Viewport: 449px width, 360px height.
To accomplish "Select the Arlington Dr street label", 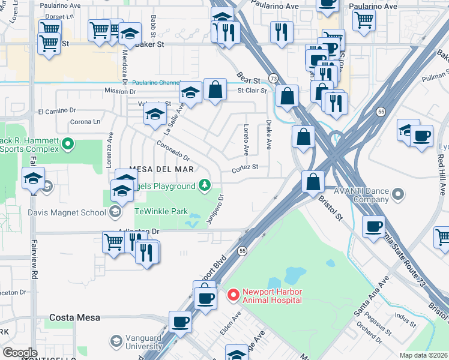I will (x=142, y=231).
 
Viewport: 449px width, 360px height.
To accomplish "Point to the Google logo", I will (x=20, y=353).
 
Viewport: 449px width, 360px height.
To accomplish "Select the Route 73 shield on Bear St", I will (x=273, y=79).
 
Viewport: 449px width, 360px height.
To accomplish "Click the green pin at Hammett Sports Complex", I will (x=68, y=144).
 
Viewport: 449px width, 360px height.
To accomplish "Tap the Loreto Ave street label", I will (x=246, y=139).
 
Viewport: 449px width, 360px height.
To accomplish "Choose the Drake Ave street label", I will (x=268, y=138).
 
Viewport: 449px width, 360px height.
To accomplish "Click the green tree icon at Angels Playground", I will (x=205, y=185).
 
